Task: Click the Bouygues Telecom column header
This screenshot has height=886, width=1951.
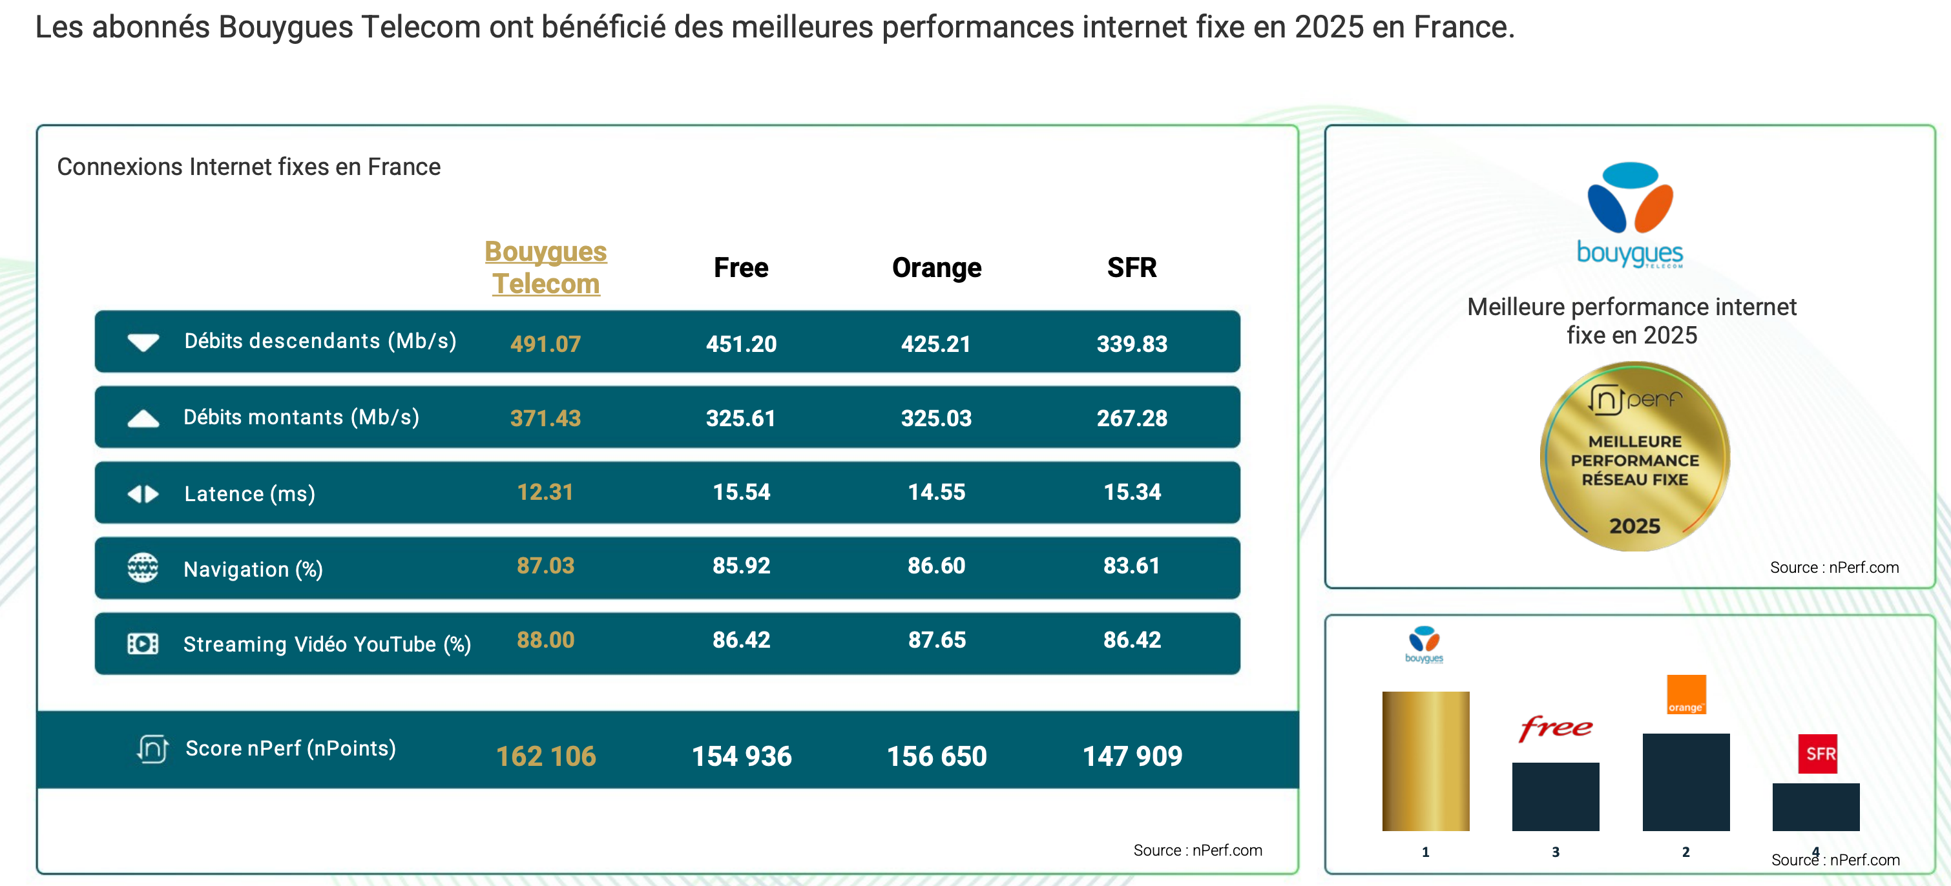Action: (x=545, y=267)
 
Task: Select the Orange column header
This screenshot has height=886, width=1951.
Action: (x=936, y=267)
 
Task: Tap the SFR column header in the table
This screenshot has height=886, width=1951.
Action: (x=1132, y=267)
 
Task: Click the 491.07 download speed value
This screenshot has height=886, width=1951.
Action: (x=545, y=344)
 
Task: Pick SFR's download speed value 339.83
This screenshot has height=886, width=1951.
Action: (x=1132, y=344)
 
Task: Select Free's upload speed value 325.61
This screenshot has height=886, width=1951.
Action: (x=741, y=418)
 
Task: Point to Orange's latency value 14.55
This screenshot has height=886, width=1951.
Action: (x=936, y=492)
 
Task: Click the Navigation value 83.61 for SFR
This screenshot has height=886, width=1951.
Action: (x=1132, y=566)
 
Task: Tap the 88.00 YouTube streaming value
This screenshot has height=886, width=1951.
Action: (x=545, y=640)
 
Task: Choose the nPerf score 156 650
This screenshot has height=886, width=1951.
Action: (x=936, y=756)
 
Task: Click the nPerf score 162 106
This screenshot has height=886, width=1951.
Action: (x=545, y=756)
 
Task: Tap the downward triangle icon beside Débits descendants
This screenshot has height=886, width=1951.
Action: (x=143, y=342)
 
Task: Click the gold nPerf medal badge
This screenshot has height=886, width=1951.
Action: (x=1634, y=457)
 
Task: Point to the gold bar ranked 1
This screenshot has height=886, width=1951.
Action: (x=1425, y=761)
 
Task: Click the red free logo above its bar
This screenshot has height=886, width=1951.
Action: (x=1555, y=728)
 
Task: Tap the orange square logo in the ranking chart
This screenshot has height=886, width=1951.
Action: (x=1686, y=694)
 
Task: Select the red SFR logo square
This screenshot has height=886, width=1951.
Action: (x=1816, y=754)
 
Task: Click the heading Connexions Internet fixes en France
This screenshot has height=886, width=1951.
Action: (x=249, y=167)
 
